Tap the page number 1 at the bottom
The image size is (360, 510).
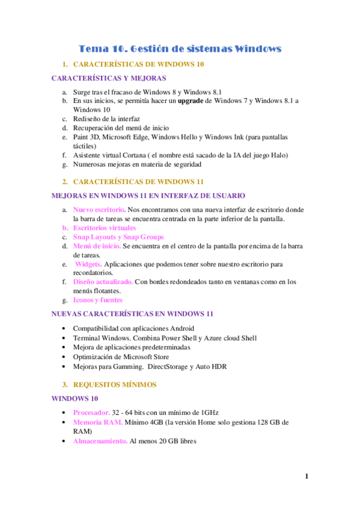coord(307,476)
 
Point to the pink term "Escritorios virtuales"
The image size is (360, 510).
coord(104,228)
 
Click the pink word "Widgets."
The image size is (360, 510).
coord(89,264)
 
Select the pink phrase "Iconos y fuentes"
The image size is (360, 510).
coord(97,300)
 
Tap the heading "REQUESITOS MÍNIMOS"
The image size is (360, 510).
coord(114,385)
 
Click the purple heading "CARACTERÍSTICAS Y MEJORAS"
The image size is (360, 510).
coord(109,78)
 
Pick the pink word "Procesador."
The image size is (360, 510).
coord(91,413)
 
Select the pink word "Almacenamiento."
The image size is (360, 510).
coord(100,441)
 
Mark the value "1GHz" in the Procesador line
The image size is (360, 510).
coord(209,413)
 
